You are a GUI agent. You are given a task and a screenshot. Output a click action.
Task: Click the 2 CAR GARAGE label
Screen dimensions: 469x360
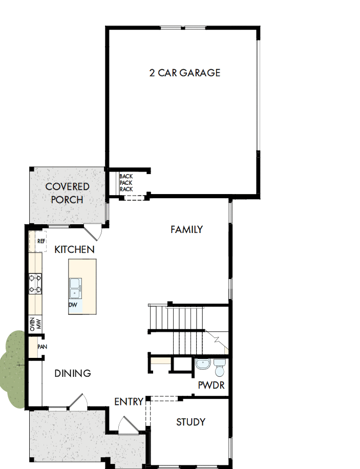click(185, 73)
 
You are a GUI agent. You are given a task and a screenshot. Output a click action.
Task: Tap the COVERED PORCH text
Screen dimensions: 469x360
click(67, 193)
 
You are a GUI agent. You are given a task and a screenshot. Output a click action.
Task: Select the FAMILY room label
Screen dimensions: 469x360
click(186, 229)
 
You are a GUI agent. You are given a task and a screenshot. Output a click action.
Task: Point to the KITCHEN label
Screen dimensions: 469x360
click(74, 249)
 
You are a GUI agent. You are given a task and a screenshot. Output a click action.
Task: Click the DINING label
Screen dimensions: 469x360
click(73, 373)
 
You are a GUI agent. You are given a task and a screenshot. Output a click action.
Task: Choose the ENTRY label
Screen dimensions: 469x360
click(129, 401)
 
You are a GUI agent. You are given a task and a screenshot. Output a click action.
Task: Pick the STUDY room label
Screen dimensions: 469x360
click(191, 422)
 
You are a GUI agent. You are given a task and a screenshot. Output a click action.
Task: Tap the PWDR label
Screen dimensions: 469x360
click(211, 385)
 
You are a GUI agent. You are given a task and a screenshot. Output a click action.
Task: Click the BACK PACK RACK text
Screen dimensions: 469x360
click(126, 183)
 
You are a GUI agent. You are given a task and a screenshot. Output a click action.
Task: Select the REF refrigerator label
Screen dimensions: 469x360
click(41, 241)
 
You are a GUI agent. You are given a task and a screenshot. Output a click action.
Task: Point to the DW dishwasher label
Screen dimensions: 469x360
click(73, 305)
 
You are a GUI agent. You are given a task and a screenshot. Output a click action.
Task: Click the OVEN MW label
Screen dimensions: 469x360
click(35, 325)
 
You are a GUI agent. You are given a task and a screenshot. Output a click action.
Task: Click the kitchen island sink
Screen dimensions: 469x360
click(75, 288)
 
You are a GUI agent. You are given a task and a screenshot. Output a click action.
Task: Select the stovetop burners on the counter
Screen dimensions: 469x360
click(35, 284)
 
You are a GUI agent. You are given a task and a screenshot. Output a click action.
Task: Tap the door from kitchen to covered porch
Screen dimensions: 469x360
click(93, 232)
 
